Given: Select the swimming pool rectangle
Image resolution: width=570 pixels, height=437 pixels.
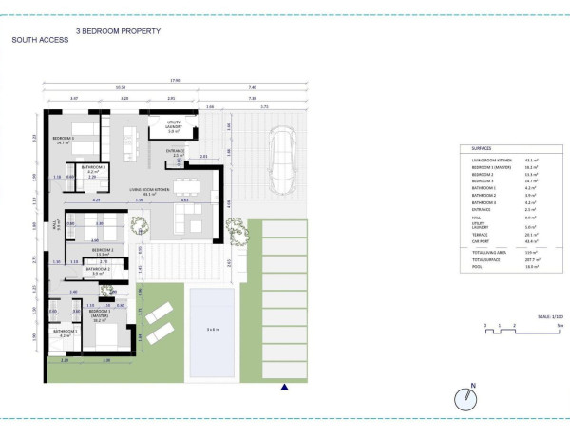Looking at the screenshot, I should pos(213,330).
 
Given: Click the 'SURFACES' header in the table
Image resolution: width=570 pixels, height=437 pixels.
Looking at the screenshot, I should pos(482,149).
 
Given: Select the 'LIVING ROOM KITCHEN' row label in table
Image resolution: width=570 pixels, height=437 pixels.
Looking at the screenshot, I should pos(493,161).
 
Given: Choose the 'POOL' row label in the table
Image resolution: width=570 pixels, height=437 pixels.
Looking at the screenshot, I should pos(477,267).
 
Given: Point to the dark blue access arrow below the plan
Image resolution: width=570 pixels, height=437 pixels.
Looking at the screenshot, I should pos(284,386).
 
